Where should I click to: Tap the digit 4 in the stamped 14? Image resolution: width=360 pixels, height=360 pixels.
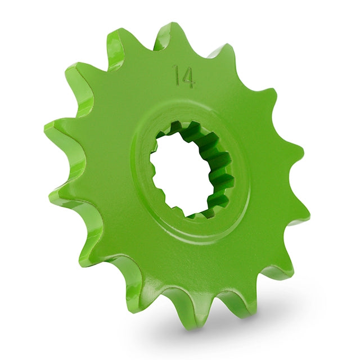click(188, 78)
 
